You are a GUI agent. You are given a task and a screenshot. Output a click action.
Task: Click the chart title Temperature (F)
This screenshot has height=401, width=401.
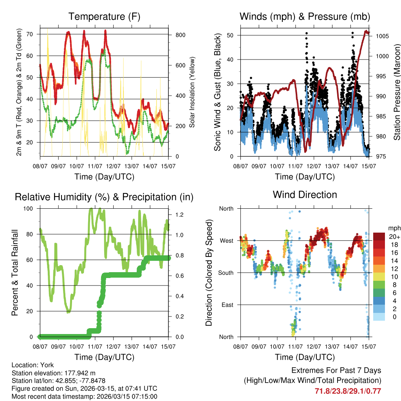pyautogui.click(x=104, y=17)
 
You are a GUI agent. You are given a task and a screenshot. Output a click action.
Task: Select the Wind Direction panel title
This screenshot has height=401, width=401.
pyautogui.click(x=305, y=195)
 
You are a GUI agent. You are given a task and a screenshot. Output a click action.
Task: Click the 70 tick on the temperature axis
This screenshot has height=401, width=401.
pyautogui.click(x=34, y=34)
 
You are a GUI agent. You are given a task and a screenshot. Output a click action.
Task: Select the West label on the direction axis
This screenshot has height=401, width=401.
pyautogui.click(x=226, y=240)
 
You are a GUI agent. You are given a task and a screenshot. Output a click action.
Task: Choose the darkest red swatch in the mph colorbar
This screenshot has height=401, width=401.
pyautogui.click(x=379, y=236)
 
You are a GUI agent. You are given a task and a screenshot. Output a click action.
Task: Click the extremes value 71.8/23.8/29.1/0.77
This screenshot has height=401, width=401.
pyautogui.click(x=348, y=391)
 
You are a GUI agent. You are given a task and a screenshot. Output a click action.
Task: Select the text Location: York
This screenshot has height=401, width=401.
pyautogui.click(x=33, y=365)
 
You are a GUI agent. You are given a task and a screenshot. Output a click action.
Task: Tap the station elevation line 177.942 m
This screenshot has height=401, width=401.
pyautogui.click(x=54, y=373)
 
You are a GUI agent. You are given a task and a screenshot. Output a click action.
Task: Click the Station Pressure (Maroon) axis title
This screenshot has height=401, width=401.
pyautogui.click(x=397, y=92)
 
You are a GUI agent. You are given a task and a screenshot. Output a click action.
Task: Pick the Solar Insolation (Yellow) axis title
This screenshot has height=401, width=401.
pyautogui.click(x=192, y=92)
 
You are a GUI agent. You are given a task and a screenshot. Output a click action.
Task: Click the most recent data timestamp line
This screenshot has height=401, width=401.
pyautogui.click(x=84, y=396)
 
